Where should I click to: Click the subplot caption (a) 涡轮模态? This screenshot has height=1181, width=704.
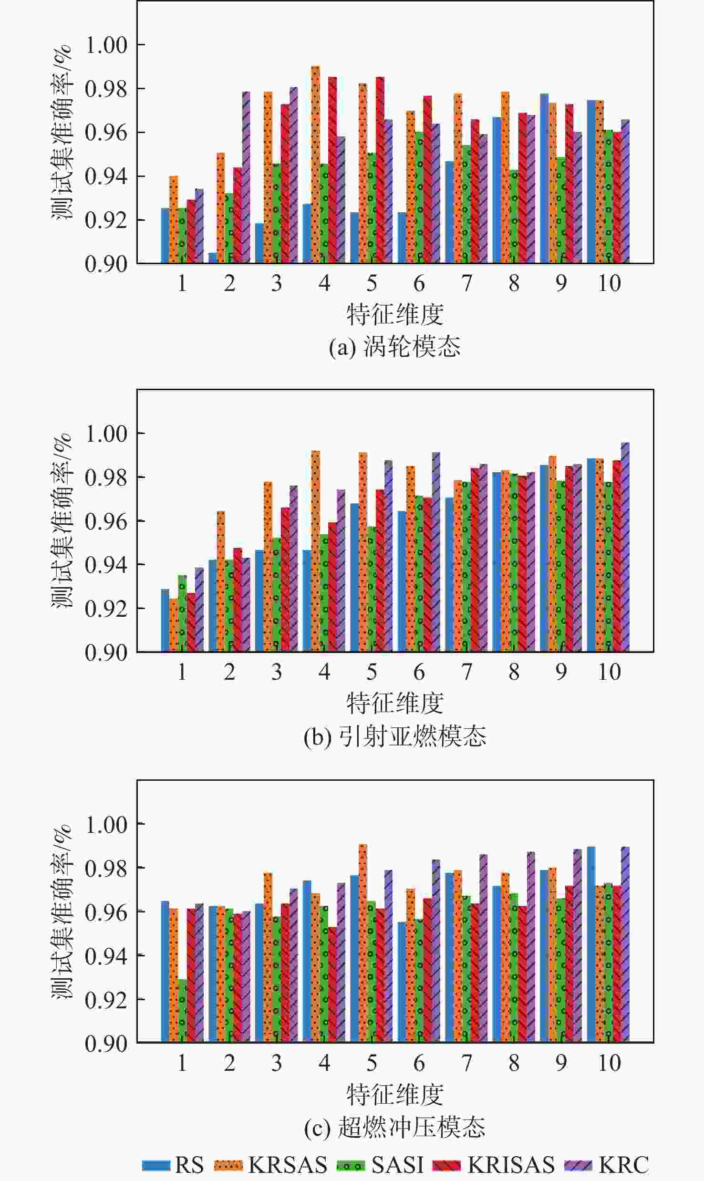[x=394, y=347]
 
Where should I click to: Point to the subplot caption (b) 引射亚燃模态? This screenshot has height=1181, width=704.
[x=394, y=736]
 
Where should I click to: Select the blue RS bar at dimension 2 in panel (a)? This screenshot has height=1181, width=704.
[x=213, y=258]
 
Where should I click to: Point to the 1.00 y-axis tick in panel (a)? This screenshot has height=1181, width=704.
[x=106, y=45]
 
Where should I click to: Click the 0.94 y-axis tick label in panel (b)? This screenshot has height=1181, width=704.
[x=106, y=565]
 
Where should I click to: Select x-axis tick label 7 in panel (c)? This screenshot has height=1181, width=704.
[x=466, y=1063]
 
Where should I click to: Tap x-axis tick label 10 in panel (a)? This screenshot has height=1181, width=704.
[x=609, y=283]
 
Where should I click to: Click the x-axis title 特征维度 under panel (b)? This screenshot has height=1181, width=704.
[x=394, y=703]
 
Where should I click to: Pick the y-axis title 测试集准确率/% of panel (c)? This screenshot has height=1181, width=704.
[x=62, y=911]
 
